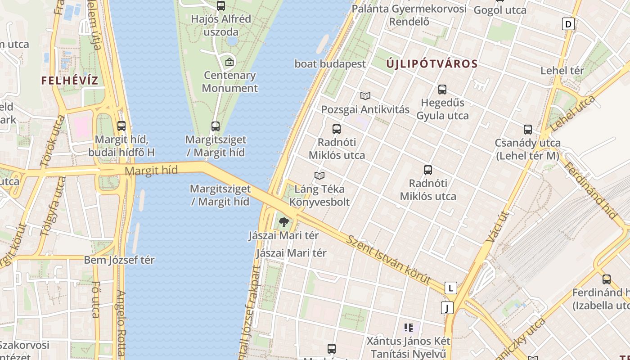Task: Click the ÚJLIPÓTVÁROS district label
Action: pos(432,64)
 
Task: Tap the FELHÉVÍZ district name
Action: pos(70,81)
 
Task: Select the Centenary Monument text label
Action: pos(229,81)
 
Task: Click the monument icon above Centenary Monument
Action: pos(229,62)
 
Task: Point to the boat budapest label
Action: pos(330,64)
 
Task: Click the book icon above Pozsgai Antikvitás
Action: pos(365,96)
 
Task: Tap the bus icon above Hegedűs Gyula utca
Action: pos(442,90)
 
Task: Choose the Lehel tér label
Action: pos(562,71)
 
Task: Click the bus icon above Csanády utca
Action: pos(527,130)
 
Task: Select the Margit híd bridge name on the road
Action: pos(151,171)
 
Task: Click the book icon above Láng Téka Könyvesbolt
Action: pos(319,175)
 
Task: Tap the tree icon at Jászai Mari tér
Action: pos(283,221)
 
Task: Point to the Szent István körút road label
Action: pos(388,259)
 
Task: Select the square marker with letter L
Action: pos(450,288)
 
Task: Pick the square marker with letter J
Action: pos(447,308)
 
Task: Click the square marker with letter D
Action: pos(569,24)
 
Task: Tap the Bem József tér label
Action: pos(119,260)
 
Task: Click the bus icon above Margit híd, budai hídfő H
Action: pos(121,126)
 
